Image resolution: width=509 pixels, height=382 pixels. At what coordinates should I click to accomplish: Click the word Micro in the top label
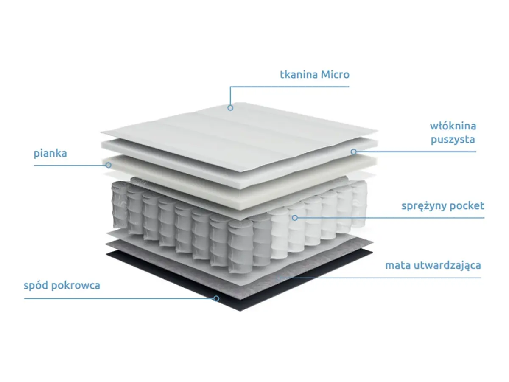pos(335,75)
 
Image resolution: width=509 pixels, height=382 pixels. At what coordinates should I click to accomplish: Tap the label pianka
pos(50,153)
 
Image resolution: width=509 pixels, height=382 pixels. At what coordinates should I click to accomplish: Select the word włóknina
pos(453,126)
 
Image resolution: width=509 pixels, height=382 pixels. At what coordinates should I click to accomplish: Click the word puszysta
pos(453,139)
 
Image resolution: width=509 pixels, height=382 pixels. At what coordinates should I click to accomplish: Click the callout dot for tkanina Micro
pos(230,108)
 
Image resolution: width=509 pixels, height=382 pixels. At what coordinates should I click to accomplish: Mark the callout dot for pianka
pos(109,165)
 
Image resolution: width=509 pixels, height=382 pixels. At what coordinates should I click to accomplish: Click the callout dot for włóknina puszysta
pos(353,151)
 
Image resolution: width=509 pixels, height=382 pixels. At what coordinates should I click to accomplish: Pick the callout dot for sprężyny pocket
pos(295,218)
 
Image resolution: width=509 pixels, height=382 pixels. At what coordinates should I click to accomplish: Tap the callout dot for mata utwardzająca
pos(278,278)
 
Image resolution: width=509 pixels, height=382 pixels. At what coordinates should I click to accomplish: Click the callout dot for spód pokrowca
pos(216,298)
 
